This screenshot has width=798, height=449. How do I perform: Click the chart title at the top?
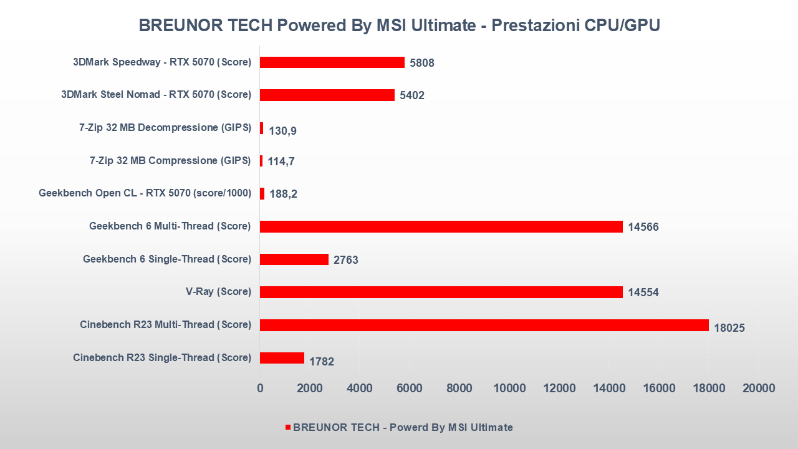399,26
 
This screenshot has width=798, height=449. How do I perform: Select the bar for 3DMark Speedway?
332,62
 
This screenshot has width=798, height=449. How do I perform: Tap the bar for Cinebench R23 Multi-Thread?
484,325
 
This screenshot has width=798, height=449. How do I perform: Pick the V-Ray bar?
441,292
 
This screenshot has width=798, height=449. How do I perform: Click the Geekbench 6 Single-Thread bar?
294,259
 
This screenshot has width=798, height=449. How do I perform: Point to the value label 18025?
729,328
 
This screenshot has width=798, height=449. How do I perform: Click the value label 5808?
422,63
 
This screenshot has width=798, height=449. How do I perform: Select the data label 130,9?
282,131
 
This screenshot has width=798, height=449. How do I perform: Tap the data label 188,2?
282,194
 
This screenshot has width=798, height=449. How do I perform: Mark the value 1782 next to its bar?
322,361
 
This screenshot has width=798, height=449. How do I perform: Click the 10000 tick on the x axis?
509,388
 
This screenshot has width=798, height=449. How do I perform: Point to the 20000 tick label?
759,388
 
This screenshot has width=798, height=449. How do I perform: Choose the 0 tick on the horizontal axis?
260,388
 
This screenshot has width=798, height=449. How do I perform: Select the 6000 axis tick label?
410,388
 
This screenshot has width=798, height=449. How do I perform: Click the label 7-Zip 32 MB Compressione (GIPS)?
170,160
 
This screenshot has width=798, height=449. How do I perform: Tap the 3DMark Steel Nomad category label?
156,95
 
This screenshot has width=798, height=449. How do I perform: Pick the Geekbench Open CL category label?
145,193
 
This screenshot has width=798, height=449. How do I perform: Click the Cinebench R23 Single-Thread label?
162,358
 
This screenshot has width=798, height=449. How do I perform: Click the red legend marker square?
288,427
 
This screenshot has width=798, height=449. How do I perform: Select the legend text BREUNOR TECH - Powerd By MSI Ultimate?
403,427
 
